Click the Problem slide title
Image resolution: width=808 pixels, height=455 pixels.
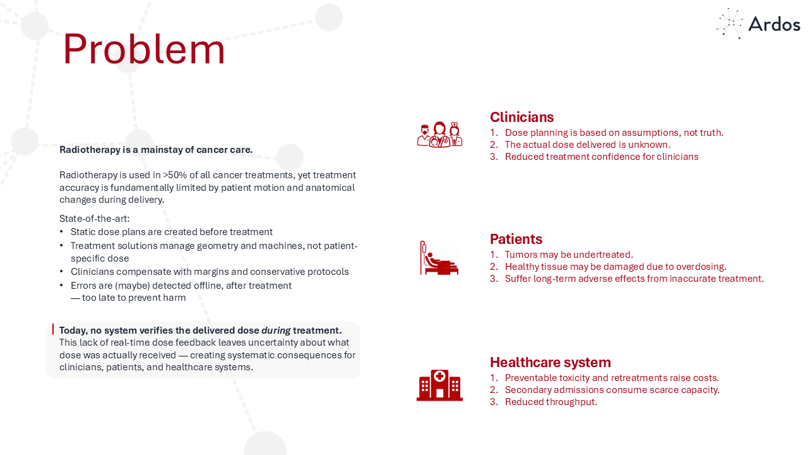click(x=144, y=49)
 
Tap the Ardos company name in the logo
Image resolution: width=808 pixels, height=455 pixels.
click(x=774, y=25)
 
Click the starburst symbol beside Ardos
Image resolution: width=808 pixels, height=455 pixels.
click(x=729, y=23)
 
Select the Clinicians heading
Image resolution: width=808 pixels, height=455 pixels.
click(x=521, y=117)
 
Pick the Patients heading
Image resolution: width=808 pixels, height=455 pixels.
click(x=516, y=239)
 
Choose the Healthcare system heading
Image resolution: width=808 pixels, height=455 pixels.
click(x=550, y=362)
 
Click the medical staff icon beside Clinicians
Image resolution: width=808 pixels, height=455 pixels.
click(x=439, y=135)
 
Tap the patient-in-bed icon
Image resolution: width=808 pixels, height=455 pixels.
click(x=439, y=258)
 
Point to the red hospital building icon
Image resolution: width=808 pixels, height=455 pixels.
click(x=439, y=385)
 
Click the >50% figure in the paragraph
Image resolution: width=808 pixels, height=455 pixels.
click(x=175, y=175)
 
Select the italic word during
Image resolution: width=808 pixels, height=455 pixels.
click(x=276, y=331)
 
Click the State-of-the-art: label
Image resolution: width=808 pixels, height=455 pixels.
click(x=95, y=219)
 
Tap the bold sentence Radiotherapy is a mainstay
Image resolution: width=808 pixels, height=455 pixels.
click(x=156, y=150)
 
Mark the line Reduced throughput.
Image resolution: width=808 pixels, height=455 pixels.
click(x=551, y=402)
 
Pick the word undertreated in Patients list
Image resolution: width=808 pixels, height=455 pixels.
click(x=603, y=255)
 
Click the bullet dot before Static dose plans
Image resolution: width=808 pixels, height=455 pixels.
click(x=61, y=231)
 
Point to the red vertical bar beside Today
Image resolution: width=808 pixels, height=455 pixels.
click(x=53, y=329)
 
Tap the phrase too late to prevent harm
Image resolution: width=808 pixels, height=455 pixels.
click(x=134, y=298)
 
